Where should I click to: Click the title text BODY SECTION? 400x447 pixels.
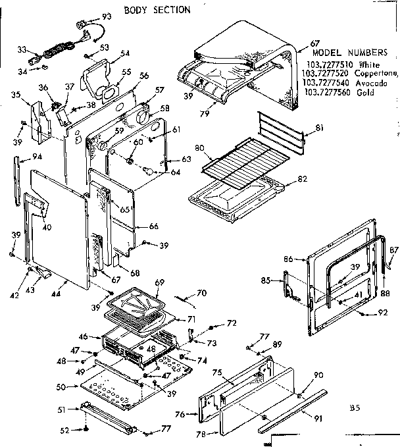pyautogui.click(x=158, y=10)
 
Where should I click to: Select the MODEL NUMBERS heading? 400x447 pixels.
pyautogui.click(x=344, y=51)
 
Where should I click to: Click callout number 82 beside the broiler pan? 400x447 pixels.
pyautogui.click(x=303, y=178)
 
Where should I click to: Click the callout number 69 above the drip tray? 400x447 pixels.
pyautogui.click(x=159, y=282)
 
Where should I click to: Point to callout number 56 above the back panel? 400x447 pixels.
pyautogui.click(x=144, y=76)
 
